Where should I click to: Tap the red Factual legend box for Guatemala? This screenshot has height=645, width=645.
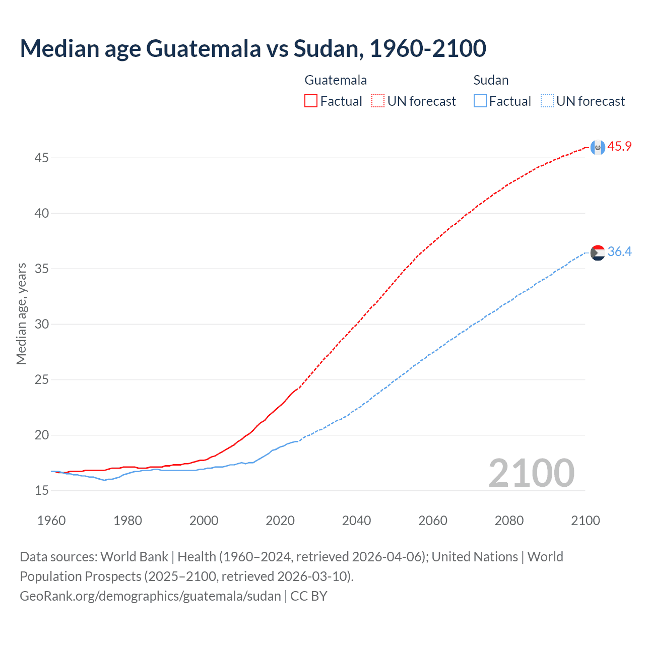pos(311,101)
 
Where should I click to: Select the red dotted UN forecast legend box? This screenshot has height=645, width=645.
pos(378,101)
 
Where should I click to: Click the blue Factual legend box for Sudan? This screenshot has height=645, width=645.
pos(480,101)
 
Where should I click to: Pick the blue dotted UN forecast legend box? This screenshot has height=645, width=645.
pos(547,101)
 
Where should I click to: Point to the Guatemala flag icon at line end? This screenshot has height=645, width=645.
pos(598,147)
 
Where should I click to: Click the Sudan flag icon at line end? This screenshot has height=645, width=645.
pos(598,252)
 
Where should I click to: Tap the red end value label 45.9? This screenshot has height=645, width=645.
pos(619,147)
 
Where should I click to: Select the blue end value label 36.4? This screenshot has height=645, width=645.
pos(619,252)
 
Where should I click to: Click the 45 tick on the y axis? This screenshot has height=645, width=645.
pos(42,158)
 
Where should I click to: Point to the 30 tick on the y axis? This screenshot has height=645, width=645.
pos(42,325)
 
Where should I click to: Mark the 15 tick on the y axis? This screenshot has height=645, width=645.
pos(42,491)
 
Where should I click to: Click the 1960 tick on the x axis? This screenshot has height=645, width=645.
pos(51,521)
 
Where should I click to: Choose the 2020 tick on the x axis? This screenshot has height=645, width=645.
pos(280,521)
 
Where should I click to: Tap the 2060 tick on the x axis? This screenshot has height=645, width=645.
pos(433,521)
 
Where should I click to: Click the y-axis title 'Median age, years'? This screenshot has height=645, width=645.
pos(21,313)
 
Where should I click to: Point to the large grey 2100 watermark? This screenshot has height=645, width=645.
pos(532,473)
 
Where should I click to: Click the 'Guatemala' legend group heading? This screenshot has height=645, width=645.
pos(336,80)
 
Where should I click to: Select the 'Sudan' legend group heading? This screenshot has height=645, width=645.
pos(491,80)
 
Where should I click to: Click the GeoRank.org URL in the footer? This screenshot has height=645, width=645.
pos(150,596)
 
